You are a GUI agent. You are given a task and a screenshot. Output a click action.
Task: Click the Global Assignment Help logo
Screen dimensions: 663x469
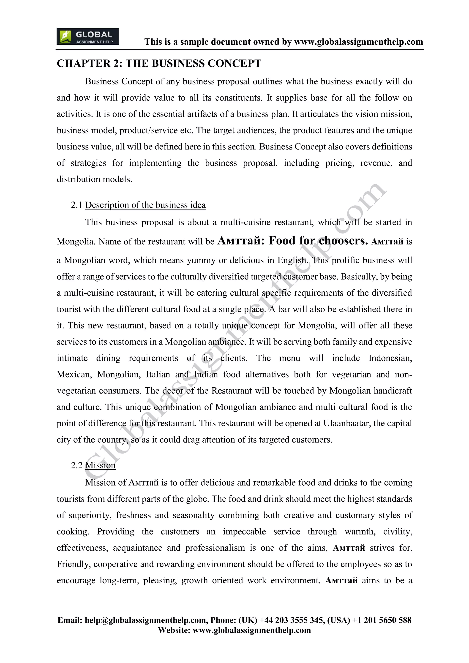[x=87, y=37]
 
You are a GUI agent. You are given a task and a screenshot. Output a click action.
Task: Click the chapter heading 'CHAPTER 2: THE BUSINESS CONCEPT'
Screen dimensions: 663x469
[x=159, y=63]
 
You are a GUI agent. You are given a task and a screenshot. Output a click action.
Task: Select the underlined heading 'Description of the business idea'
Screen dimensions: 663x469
[x=145, y=205]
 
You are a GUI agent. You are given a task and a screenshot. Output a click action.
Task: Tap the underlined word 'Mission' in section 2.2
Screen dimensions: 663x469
[x=100, y=465]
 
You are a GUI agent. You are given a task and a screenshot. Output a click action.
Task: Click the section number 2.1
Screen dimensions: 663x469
[x=76, y=205]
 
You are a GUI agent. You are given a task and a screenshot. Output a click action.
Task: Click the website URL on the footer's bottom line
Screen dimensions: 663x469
[x=251, y=630]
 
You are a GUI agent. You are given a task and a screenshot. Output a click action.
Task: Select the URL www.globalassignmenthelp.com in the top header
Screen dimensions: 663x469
[x=358, y=42]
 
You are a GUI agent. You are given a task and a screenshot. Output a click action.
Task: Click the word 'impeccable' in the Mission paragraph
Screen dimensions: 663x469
[x=244, y=532]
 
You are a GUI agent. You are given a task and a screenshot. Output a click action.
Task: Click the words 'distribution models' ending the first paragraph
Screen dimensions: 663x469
[x=94, y=179]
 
